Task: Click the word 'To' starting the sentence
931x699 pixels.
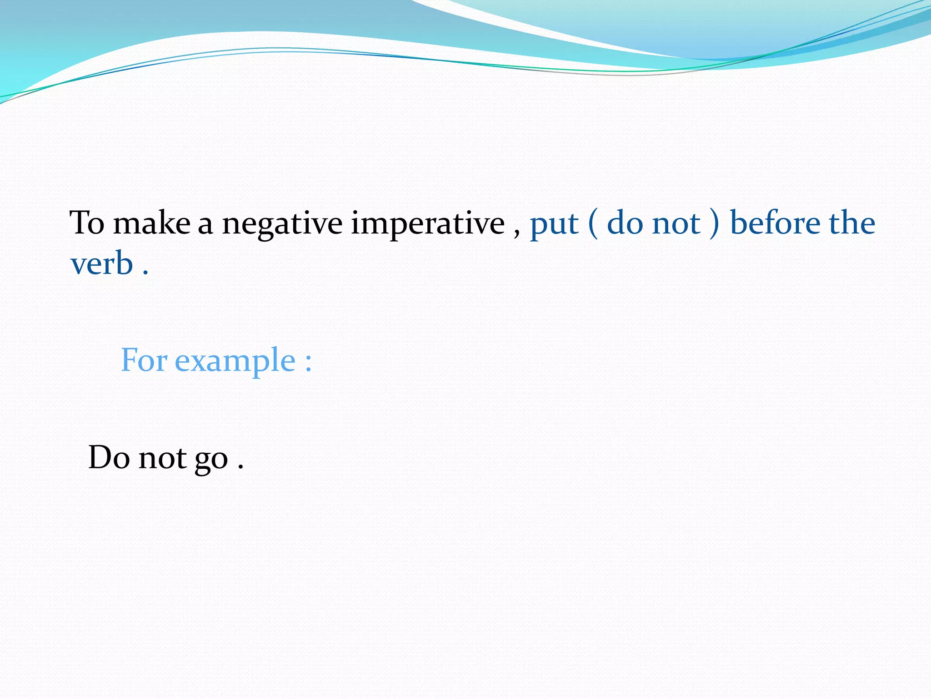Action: pyautogui.click(x=87, y=223)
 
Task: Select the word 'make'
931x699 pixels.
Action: pyautogui.click(x=151, y=223)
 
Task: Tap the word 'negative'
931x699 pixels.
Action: pyautogui.click(x=282, y=224)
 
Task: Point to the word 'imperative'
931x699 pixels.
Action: pyautogui.click(x=428, y=224)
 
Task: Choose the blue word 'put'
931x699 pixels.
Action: pyautogui.click(x=554, y=224)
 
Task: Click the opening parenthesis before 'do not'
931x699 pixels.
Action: pyautogui.click(x=593, y=223)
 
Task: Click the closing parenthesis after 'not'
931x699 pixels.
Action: pyautogui.click(x=715, y=223)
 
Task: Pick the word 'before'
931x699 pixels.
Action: pyautogui.click(x=776, y=223)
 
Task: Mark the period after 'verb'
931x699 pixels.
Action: pyautogui.click(x=145, y=273)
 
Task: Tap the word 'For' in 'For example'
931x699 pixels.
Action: pyautogui.click(x=144, y=360)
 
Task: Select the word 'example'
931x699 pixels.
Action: pyautogui.click(x=235, y=361)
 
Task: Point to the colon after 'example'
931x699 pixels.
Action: pyautogui.click(x=308, y=362)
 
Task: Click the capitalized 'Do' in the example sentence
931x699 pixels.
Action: pyautogui.click(x=109, y=457)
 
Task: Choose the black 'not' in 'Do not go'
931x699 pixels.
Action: pyautogui.click(x=162, y=458)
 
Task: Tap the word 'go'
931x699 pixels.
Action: pyautogui.click(x=211, y=460)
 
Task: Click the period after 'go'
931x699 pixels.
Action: pyautogui.click(x=240, y=467)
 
